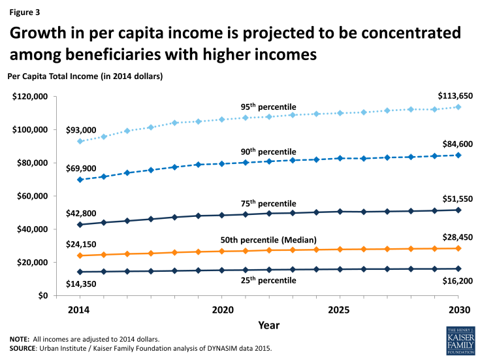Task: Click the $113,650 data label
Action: click(x=455, y=96)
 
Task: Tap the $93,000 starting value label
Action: click(x=82, y=129)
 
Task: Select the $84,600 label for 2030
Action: click(x=457, y=144)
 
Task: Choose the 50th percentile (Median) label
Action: click(x=279, y=240)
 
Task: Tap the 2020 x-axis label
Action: click(x=222, y=308)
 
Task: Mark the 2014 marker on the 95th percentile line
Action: click(x=80, y=141)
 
